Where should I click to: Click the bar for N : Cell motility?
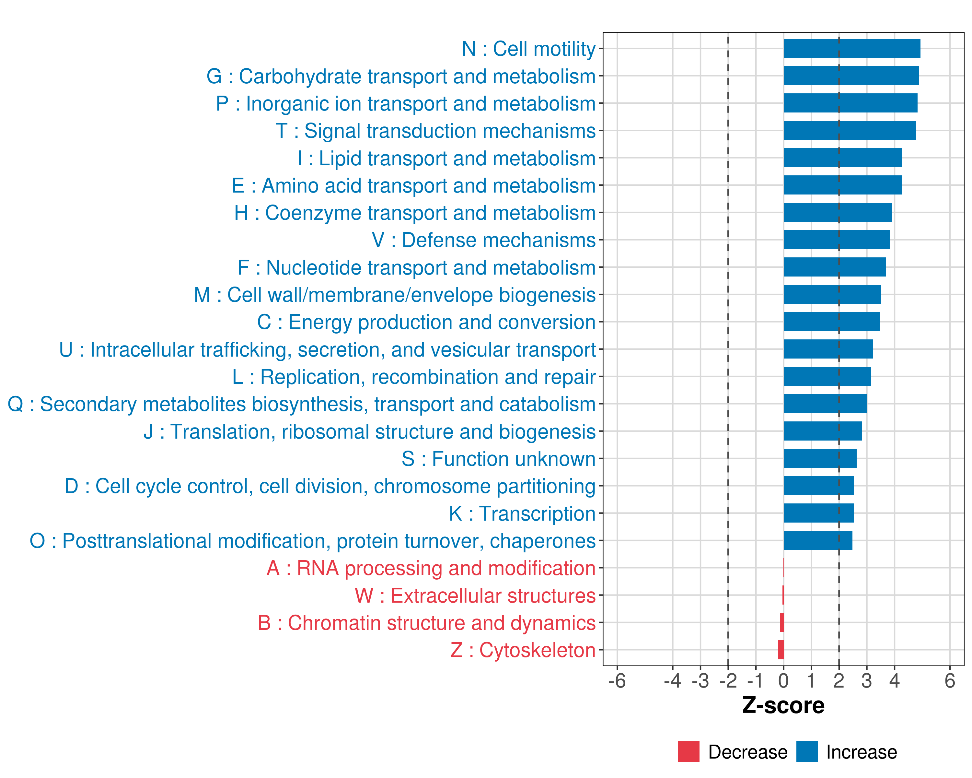[851, 49]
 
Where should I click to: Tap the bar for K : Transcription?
[818, 513]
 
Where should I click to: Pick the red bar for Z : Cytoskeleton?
[781, 650]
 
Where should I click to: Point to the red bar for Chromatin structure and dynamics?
[782, 622]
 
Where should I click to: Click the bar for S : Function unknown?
[820, 459]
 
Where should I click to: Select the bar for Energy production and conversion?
[831, 322]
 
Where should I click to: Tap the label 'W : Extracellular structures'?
[475, 596]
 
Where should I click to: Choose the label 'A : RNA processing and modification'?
[431, 568]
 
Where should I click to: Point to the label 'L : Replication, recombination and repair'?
[414, 377]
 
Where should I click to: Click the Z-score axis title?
[783, 705]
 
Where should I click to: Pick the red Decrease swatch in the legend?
[688, 751]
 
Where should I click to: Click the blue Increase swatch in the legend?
[806, 751]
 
